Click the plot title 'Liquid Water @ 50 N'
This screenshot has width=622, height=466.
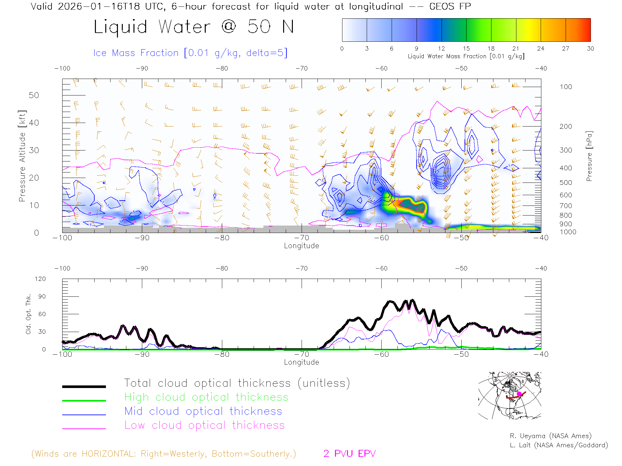[x=194, y=27]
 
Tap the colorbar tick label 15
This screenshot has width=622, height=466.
[x=466, y=49]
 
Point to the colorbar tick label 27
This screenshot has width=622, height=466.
[x=566, y=49]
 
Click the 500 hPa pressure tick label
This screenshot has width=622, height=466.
[x=566, y=183]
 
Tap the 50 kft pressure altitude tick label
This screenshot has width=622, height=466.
[x=34, y=95]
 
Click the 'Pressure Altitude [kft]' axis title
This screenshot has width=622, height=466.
[x=22, y=156]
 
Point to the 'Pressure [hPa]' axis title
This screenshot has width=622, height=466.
[x=589, y=156]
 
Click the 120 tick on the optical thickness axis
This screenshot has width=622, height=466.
[x=40, y=279]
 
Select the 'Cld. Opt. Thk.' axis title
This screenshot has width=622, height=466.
[x=29, y=314]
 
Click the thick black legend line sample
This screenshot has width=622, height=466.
[x=84, y=386]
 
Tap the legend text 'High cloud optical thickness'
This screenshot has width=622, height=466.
[x=206, y=397]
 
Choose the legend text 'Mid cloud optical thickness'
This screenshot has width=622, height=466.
[x=203, y=411]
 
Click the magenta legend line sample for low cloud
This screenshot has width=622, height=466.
[x=84, y=428]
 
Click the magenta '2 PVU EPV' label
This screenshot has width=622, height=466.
[x=350, y=454]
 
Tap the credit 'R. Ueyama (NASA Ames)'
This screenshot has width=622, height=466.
[x=550, y=436]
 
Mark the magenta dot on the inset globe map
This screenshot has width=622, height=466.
[x=519, y=394]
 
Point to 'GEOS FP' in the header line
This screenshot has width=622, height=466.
[x=450, y=6]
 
